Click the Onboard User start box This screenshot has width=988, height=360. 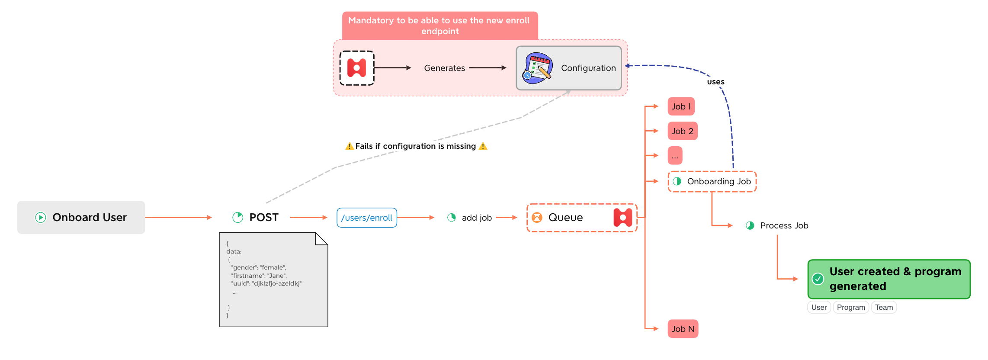[x=81, y=217]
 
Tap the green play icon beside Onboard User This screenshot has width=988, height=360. [x=41, y=217]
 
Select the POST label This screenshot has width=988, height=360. [x=263, y=217]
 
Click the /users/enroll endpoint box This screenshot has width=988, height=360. [x=366, y=218]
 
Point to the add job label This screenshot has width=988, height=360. [x=476, y=218]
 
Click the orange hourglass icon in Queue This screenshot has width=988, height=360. [x=537, y=217]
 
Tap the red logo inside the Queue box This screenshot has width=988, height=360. [x=622, y=217]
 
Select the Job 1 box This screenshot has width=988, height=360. [x=681, y=106]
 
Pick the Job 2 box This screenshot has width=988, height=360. [x=682, y=131]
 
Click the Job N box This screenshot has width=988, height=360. [x=683, y=329]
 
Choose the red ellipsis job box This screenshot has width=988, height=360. [x=675, y=156]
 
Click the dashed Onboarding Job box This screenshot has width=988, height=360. [x=712, y=181]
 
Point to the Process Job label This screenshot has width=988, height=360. [x=784, y=225]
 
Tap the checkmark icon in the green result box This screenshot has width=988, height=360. [x=818, y=279]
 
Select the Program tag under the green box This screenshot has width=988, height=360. [x=850, y=307]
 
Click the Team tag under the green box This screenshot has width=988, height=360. [x=883, y=307]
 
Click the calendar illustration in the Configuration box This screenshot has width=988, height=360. [x=537, y=68]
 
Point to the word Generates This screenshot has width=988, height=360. [x=444, y=68]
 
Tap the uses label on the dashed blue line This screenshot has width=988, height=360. [x=715, y=82]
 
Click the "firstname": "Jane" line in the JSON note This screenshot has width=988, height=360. [x=259, y=276]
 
